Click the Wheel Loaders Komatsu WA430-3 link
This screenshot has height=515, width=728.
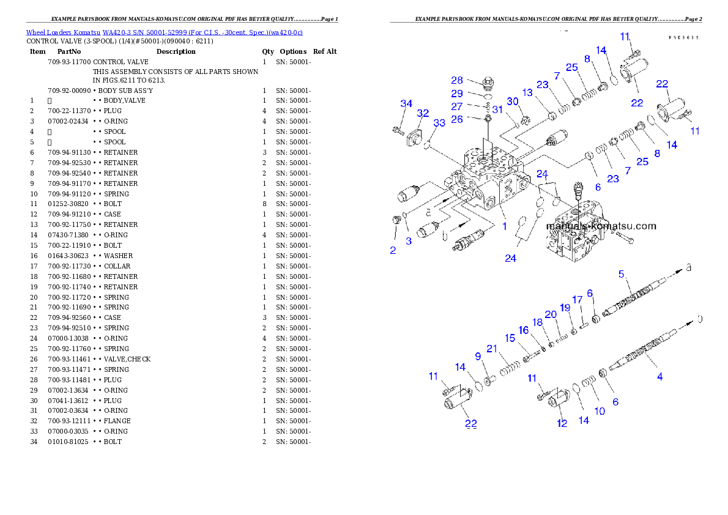coord(164,32)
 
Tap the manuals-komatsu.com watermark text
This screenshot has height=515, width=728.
coord(600,226)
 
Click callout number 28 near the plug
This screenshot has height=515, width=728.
coord(457,80)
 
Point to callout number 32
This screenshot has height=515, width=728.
coord(423,113)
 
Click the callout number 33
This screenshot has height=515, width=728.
coord(439,123)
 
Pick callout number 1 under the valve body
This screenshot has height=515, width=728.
coord(505,226)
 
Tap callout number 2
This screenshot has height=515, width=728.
coord(393,250)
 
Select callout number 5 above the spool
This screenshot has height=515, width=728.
coord(621,273)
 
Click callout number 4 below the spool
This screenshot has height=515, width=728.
coord(659,377)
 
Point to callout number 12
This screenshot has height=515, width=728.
coord(562,423)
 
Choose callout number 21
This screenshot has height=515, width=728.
coord(492,349)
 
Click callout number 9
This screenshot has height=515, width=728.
coord(478,357)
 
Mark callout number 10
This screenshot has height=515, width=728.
coord(600,411)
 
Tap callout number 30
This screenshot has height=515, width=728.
coord(513,101)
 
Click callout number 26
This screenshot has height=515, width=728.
coord(457,119)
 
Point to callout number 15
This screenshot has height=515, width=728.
coord(510,338)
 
